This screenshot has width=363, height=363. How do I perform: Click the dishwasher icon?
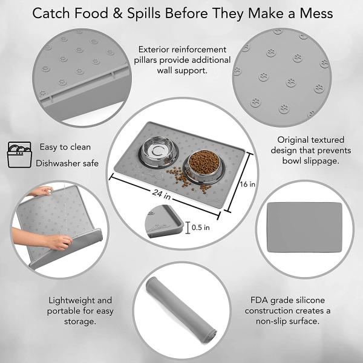[x=19, y=155]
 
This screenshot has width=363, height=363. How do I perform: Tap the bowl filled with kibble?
[x=204, y=167]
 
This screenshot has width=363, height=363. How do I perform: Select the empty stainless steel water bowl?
[x=159, y=152]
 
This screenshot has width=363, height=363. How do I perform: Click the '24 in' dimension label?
[x=162, y=194]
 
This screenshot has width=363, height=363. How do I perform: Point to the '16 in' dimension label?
[x=247, y=184]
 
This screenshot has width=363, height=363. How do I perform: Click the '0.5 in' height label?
[x=201, y=227]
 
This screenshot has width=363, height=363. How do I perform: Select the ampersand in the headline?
[x=117, y=13]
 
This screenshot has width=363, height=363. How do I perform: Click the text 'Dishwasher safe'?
[x=67, y=163]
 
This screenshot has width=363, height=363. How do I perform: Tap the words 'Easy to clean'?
[x=65, y=147]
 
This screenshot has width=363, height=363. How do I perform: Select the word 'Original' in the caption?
[x=292, y=140]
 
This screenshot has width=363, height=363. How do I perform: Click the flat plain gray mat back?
[x=304, y=227]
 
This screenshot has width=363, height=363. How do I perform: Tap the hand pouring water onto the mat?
[x=42, y=191]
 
